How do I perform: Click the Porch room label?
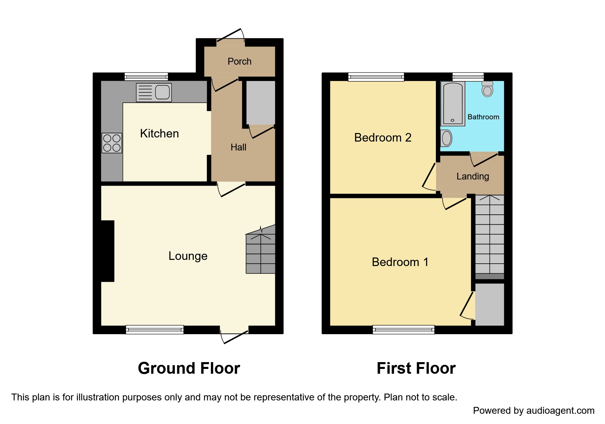pos(239,62)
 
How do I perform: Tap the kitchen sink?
pos(154,92)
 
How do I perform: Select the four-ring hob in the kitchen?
pos(112,143)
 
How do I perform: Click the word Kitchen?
pos(159,133)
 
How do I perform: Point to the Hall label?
pos(238,147)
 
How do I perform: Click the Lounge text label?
pos(188,256)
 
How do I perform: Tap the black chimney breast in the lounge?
pos(108,251)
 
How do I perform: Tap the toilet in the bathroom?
pos(487,89)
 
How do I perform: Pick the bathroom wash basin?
pos(446,138)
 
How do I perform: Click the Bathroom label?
pos(483,117)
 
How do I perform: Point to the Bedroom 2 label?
pos(383,137)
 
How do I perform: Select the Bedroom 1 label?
pos(400,262)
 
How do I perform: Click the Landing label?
pos(473,176)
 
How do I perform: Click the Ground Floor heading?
pos(189,368)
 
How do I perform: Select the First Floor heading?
pos(416,368)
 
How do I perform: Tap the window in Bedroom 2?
pos(376,77)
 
